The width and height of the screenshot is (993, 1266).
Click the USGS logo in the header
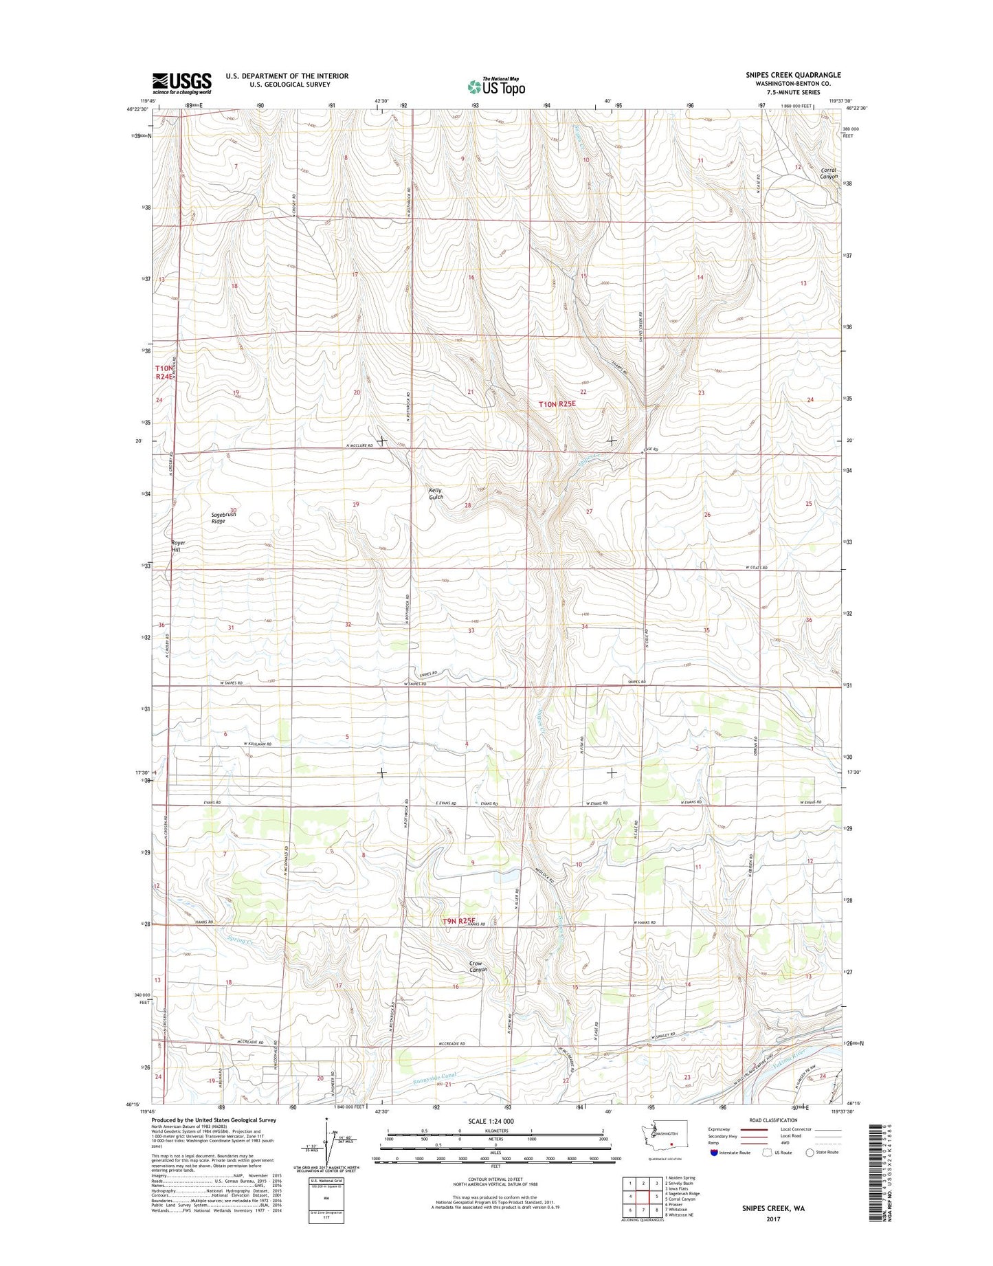[x=181, y=83]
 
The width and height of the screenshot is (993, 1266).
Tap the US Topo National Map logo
[x=496, y=86]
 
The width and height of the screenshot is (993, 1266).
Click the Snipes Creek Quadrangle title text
[x=793, y=75]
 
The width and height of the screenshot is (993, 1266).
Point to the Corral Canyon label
[x=829, y=173]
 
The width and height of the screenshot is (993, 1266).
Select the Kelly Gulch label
[x=436, y=493]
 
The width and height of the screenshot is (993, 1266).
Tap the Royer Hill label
[x=177, y=546]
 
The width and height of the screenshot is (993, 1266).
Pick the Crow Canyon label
[x=478, y=966]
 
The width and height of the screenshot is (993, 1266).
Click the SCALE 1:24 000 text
[x=495, y=1121]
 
